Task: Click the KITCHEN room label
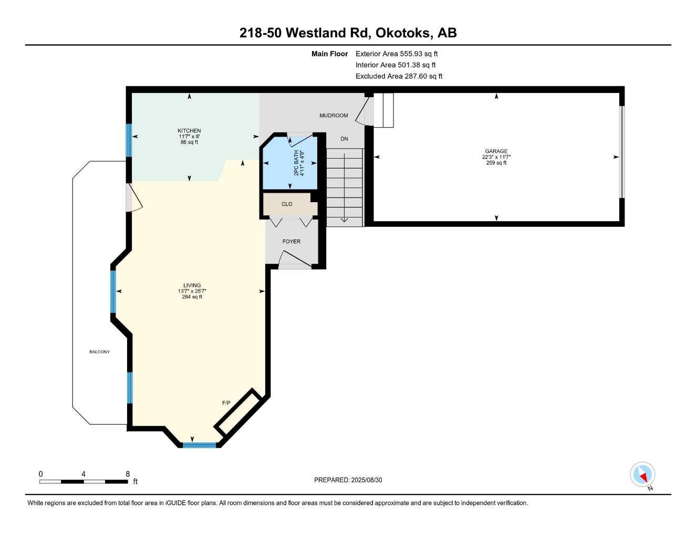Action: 189,131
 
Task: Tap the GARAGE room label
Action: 496,151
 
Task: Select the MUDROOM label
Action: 334,116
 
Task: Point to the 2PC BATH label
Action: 296,163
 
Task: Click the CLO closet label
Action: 287,204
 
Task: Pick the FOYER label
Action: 292,242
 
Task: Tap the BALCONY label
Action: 100,351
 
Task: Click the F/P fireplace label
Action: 226,403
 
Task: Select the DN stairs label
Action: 344,139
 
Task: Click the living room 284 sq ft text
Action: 192,297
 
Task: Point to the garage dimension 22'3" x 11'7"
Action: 496,157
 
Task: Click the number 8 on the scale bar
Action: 128,474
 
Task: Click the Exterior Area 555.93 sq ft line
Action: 397,54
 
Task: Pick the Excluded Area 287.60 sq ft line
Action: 399,76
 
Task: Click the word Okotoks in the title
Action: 402,33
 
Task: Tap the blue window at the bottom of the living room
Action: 200,445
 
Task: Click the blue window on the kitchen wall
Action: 129,140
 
